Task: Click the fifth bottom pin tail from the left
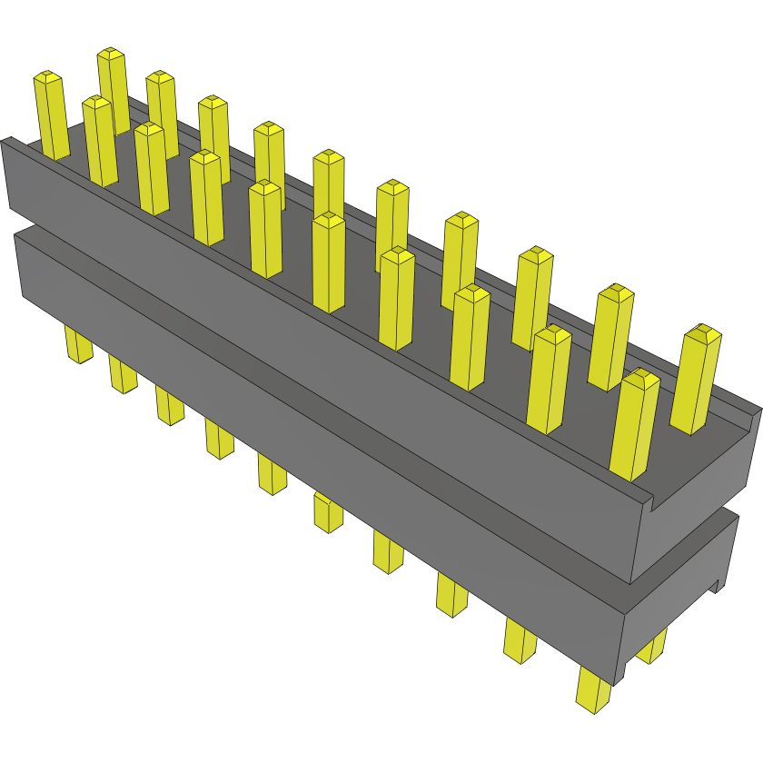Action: tap(272, 473)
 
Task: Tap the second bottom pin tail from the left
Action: tap(123, 373)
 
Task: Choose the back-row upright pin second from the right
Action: tap(611, 336)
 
